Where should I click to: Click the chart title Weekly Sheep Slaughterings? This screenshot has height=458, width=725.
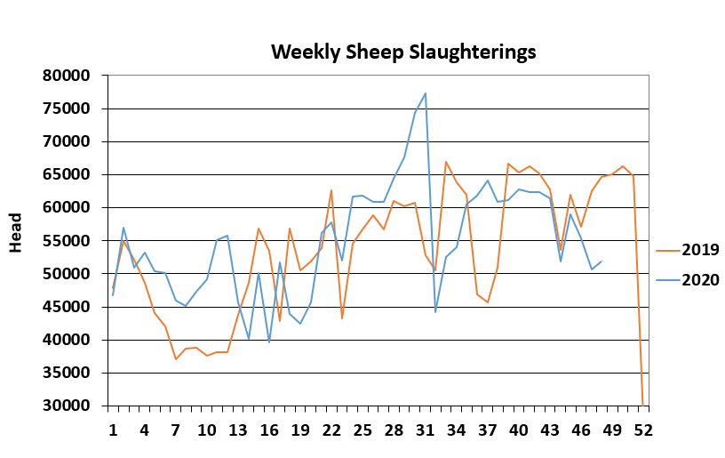(x=403, y=52)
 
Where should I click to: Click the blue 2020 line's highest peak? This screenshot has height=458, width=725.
(x=426, y=93)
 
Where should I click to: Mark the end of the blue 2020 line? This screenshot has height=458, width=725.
(x=602, y=261)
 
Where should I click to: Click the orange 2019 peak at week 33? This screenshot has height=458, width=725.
(x=446, y=162)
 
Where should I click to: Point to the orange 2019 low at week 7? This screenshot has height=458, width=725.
(x=176, y=359)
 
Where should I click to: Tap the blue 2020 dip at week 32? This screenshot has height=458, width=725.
(x=435, y=311)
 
